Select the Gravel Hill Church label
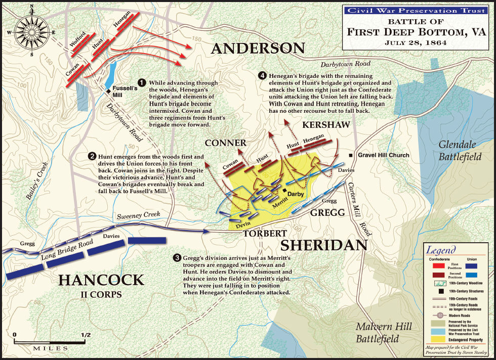click(x=384, y=155)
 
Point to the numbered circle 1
click(x=142, y=82)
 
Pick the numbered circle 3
click(x=177, y=258)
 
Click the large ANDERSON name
click(x=258, y=49)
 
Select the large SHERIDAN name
click(x=323, y=245)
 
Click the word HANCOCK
click(x=101, y=280)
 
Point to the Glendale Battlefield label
click(x=460, y=150)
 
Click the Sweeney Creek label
click(x=140, y=216)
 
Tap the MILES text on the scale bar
click(x=51, y=349)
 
